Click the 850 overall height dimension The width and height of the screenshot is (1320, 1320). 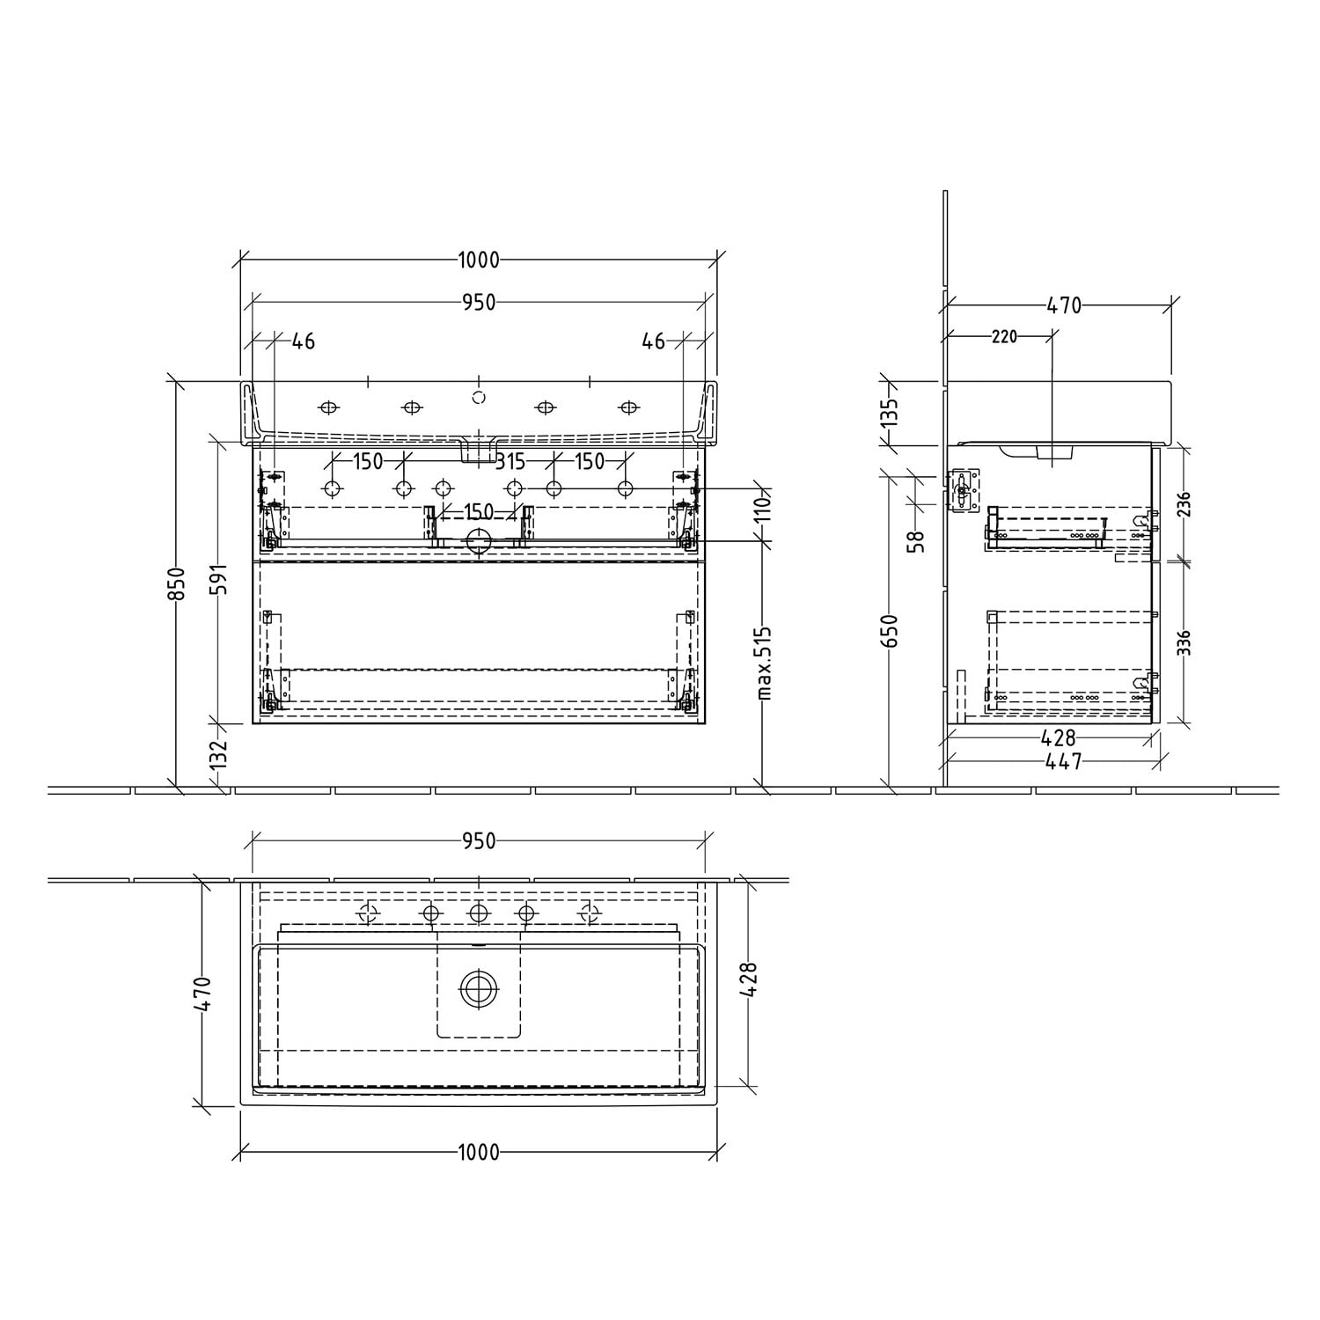(x=176, y=583)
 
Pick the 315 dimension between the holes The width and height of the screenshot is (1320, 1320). (x=510, y=461)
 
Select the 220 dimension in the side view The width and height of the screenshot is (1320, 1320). (x=1004, y=336)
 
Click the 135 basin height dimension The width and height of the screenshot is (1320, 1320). (x=889, y=412)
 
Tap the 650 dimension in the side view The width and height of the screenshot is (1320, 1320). (x=889, y=631)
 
